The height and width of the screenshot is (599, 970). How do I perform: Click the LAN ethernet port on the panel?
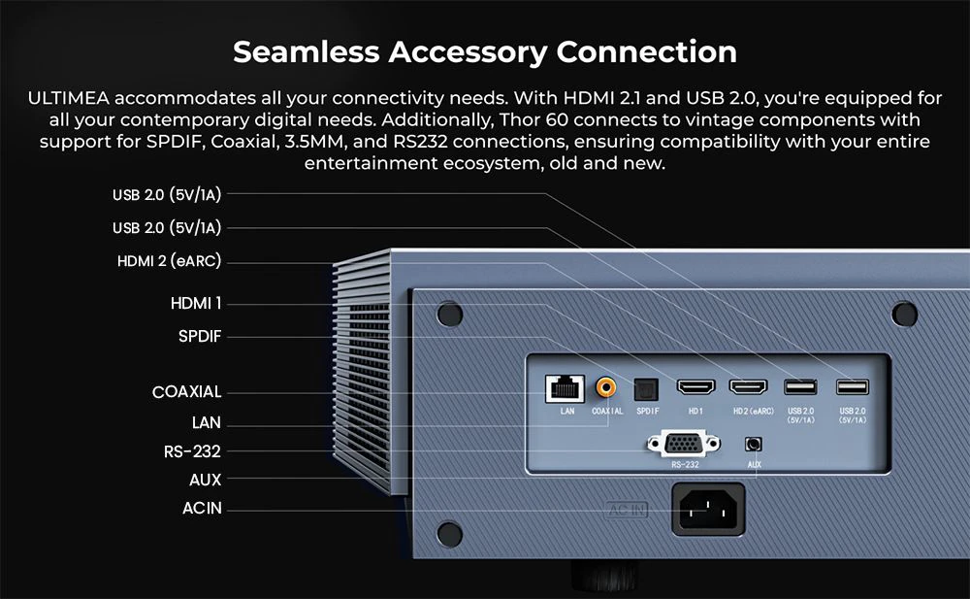tap(565, 389)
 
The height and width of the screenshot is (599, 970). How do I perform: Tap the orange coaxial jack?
tap(605, 388)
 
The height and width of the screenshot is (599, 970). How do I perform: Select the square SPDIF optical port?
tap(646, 389)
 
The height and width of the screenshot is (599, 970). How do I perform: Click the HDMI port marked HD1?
tap(695, 387)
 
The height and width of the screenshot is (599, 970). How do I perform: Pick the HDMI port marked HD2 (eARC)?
tap(749, 387)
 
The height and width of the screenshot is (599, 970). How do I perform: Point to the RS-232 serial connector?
tap(684, 444)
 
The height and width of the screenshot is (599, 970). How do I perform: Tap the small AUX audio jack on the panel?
tap(753, 444)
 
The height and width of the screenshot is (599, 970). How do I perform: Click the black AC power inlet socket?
tap(708, 509)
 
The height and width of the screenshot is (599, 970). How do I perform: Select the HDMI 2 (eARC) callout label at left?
tap(169, 261)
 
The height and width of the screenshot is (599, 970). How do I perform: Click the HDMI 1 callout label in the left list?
tap(196, 304)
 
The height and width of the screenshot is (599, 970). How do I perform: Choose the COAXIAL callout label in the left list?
tap(186, 391)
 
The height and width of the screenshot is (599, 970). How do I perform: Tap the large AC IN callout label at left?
tap(202, 508)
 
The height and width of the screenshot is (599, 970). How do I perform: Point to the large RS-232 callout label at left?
tap(192, 451)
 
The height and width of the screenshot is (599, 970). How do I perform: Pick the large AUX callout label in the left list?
tap(205, 480)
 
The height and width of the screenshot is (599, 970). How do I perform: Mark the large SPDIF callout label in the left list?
tap(199, 336)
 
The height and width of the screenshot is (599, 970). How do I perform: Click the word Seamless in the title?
tap(307, 52)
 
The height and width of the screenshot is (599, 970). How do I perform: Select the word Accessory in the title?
tap(468, 53)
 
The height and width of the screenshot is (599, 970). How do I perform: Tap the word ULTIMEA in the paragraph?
tap(69, 98)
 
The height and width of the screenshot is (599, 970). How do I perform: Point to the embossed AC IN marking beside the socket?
tap(627, 510)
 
